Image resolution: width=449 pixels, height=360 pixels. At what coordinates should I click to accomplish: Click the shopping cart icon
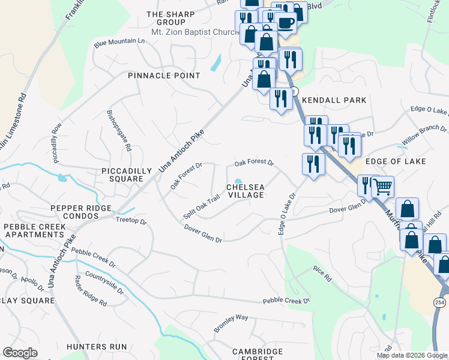coord(382,186)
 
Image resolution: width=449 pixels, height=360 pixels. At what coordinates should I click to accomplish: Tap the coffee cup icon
coord(286,22)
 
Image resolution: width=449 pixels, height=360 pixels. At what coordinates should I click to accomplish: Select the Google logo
coord(20,352)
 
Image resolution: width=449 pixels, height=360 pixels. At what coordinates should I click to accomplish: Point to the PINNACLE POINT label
coord(164,76)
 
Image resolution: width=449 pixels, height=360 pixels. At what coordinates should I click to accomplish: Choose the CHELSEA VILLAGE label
coord(245,191)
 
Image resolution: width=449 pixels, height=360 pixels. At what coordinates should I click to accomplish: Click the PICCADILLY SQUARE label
coord(127,175)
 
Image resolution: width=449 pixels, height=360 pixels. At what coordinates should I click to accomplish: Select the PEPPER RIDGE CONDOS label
coord(81,212)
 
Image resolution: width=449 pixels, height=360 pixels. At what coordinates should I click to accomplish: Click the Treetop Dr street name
coord(131,221)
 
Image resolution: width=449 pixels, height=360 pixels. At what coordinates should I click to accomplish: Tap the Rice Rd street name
coord(323,274)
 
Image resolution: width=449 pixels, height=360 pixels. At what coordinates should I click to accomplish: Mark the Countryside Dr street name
coord(104,283)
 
